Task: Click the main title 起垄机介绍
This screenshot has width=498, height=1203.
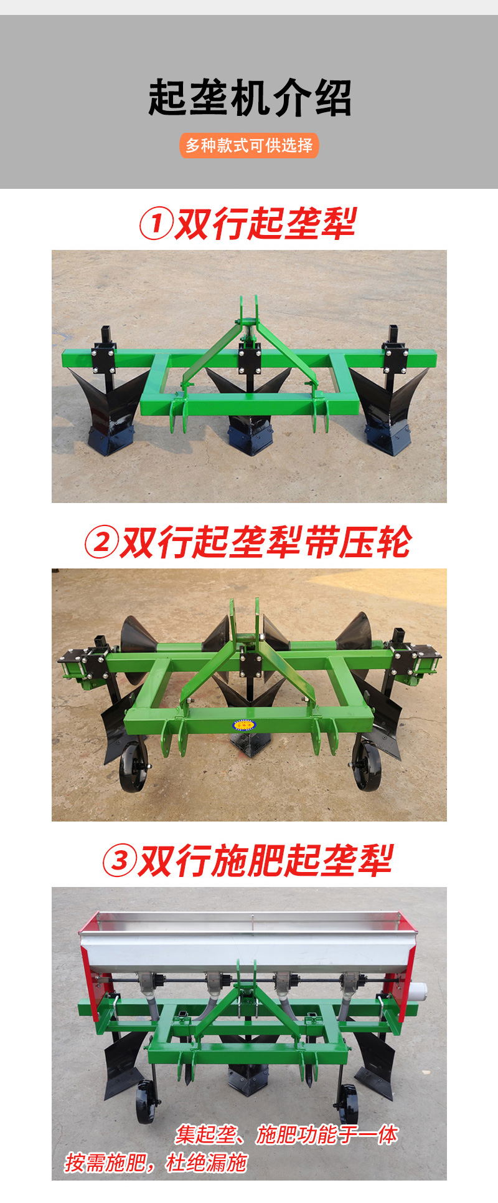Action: pos(250,98)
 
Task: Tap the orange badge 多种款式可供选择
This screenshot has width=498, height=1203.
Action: pos(249,146)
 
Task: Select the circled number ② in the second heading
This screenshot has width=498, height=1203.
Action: pos(101,542)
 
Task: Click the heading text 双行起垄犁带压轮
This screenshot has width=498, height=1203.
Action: pos(265,542)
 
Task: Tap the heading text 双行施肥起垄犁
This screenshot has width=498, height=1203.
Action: pos(265,860)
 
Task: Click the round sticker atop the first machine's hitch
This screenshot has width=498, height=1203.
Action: pos(250,322)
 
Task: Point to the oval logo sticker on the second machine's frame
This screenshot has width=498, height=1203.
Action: pos(244,725)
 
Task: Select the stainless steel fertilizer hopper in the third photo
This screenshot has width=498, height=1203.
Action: pos(248,941)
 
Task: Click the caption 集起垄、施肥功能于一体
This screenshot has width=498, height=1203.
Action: pos(286,1134)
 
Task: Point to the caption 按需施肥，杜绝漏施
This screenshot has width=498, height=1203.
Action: pos(156,1162)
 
